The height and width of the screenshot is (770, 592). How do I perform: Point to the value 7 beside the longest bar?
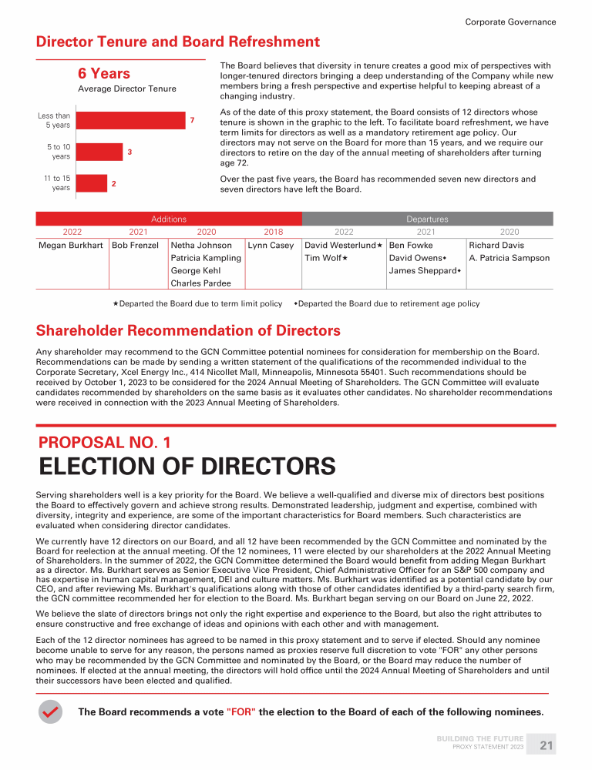coord(192,121)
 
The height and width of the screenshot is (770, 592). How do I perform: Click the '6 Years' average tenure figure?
coord(104,74)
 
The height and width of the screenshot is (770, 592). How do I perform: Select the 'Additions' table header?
coord(169,219)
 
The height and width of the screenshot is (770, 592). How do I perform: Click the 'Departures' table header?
coord(427,219)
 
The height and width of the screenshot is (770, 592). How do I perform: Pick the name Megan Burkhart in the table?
coord(71,246)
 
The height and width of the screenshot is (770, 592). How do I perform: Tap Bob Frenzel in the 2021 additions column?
coord(135,246)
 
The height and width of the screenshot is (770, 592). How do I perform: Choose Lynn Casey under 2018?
coord(271,246)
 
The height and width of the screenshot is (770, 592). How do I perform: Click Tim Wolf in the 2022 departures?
coord(323,258)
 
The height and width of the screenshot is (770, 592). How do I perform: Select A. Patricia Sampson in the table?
coord(509,258)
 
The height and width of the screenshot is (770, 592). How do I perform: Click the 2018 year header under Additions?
coord(273,232)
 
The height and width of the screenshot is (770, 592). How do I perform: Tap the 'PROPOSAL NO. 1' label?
coord(105,443)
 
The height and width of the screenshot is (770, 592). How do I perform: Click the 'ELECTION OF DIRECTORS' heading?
coord(187,467)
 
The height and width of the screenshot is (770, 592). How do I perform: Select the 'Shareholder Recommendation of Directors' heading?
coord(188,331)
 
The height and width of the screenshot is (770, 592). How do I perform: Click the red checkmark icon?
coord(51,712)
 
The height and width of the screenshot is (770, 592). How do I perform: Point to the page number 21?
coord(547,745)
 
